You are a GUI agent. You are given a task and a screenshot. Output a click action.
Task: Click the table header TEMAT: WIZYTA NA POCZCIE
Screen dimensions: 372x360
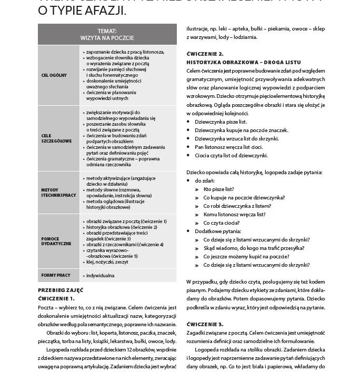coord(107,35)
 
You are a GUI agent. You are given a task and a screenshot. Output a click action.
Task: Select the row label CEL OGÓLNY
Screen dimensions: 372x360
coord(54,75)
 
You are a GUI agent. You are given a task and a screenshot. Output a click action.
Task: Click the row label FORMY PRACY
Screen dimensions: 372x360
coord(56,275)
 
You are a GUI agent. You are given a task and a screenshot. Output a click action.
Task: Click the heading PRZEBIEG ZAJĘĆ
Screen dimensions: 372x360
coord(61,290)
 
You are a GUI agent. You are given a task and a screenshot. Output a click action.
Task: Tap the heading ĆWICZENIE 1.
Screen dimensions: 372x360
coord(56,298)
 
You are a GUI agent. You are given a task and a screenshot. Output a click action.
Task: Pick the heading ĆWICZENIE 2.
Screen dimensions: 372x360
coord(205,54)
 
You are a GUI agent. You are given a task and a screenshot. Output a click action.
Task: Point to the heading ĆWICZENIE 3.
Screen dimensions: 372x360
coord(205,324)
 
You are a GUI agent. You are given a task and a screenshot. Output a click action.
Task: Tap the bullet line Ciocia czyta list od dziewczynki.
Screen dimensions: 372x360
coord(231,155)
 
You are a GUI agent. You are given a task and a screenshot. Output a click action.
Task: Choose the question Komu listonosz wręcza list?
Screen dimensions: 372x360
coord(234,214)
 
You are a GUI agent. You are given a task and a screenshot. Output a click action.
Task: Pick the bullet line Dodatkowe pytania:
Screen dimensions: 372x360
coord(218,231)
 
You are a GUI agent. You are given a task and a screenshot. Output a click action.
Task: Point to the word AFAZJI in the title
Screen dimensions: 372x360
coord(109,11)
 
